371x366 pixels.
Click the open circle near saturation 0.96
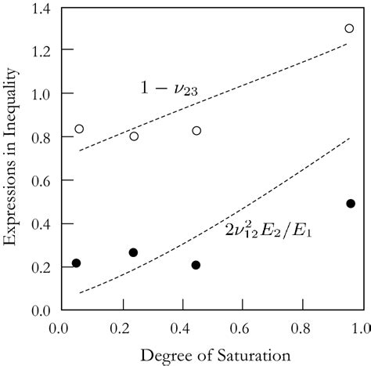click(349, 28)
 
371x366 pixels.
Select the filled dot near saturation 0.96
click(351, 203)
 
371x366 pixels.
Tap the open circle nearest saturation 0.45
click(196, 130)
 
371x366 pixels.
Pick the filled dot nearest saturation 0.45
click(196, 265)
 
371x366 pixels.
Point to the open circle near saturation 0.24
click(134, 136)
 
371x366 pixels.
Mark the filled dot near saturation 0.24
click(133, 252)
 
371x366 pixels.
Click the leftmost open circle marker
click(79, 129)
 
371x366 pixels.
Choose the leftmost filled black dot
click(76, 263)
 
